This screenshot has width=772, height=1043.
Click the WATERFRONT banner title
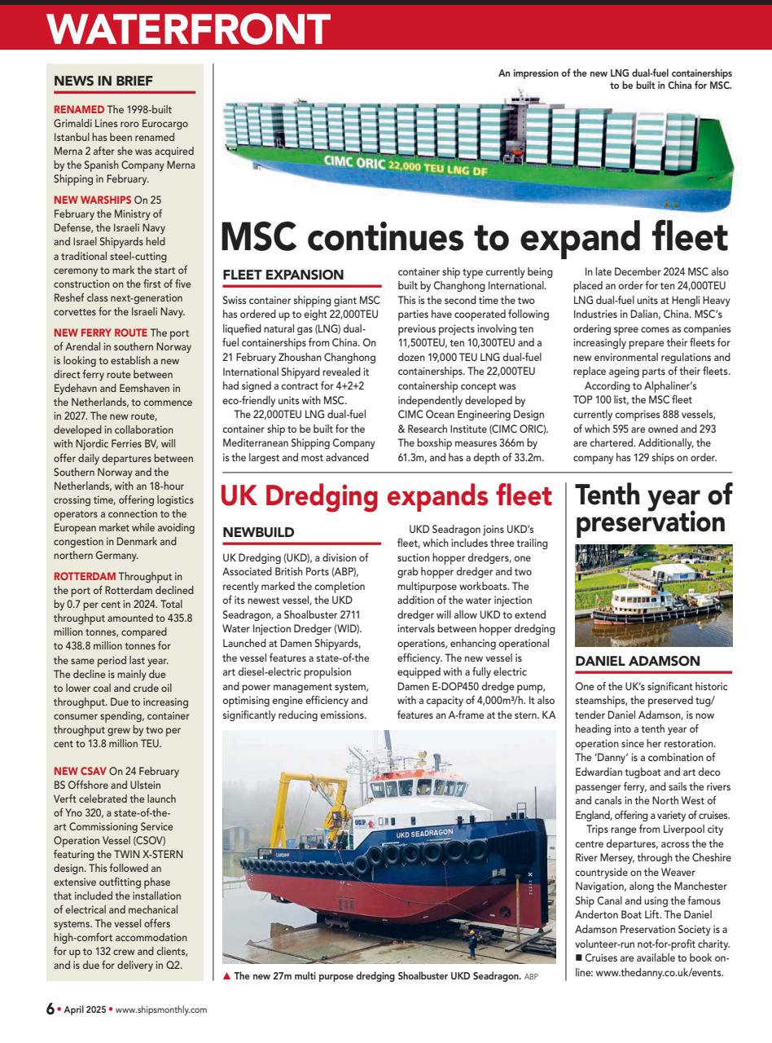pyautogui.click(x=187, y=31)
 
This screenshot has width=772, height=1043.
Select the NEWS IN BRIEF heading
pyautogui.click(x=103, y=81)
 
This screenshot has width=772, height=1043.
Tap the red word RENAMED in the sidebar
pyautogui.click(x=79, y=110)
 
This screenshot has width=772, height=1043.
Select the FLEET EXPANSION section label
pyautogui.click(x=283, y=275)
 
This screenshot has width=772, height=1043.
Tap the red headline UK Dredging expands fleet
pyautogui.click(x=387, y=495)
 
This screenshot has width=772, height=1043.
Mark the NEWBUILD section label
pyautogui.click(x=258, y=532)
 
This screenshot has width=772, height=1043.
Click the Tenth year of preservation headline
pyautogui.click(x=654, y=508)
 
